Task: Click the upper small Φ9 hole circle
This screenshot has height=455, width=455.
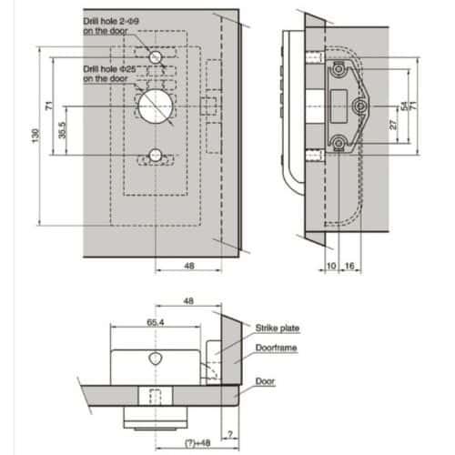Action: pyautogui.click(x=157, y=57)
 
